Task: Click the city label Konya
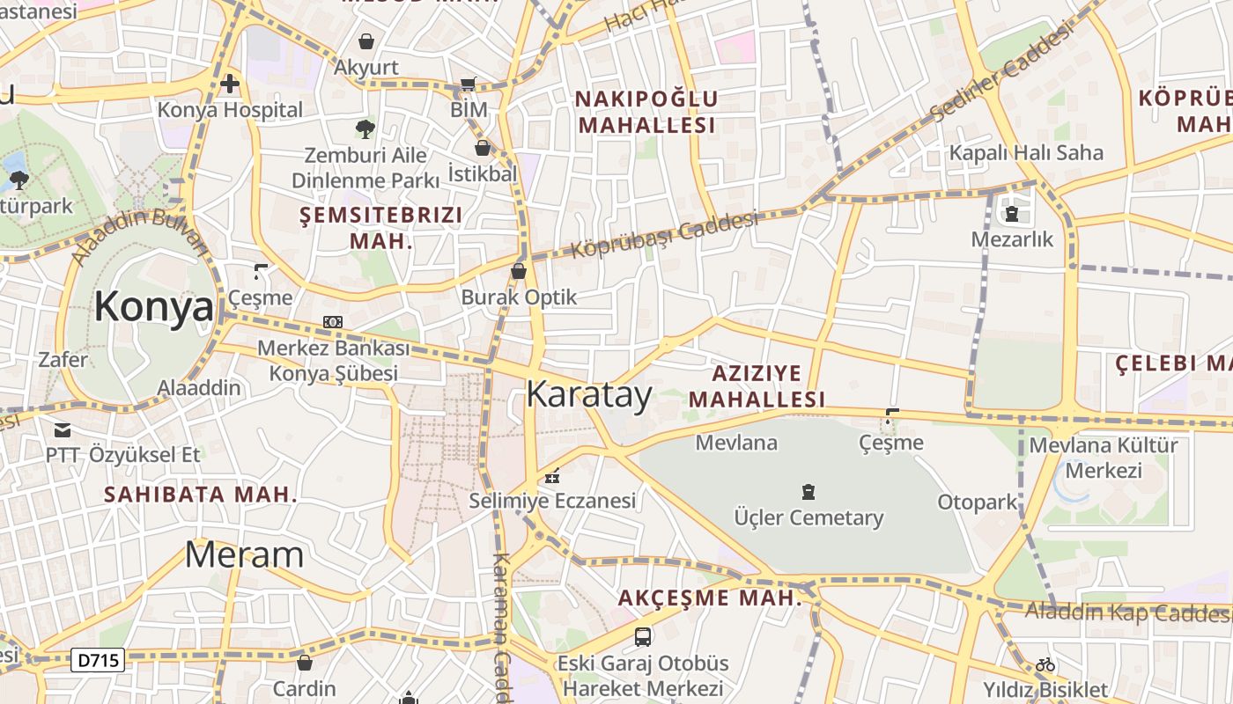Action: point(154,306)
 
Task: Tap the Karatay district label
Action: point(589,394)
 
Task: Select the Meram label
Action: point(244,554)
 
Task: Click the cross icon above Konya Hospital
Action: point(230,84)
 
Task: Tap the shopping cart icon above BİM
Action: point(469,84)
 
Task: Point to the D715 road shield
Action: point(98,659)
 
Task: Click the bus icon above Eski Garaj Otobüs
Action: point(643,636)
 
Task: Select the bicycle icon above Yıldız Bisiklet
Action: point(1045,664)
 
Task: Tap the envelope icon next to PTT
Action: point(63,429)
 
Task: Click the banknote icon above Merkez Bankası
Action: point(333,322)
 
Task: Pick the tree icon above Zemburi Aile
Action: point(365,129)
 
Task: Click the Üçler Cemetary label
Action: point(808,517)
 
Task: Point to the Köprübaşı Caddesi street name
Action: point(664,233)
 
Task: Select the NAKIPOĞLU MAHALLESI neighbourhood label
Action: point(646,112)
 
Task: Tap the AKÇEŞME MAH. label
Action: point(710,598)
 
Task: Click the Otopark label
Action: point(978,502)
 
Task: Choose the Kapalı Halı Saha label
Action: point(1026,152)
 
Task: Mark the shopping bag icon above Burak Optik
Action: point(519,271)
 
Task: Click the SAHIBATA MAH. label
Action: point(201,495)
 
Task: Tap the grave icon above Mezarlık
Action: point(1011,213)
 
